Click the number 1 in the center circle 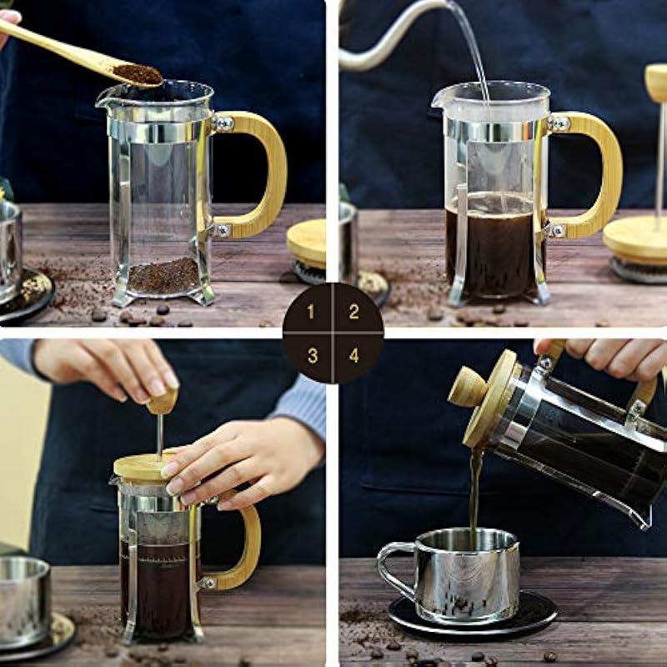tap(311, 312)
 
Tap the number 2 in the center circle tap(354, 312)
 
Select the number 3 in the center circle tap(313, 356)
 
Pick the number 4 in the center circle tap(354, 355)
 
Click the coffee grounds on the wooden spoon tap(138, 74)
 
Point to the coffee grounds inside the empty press tap(163, 276)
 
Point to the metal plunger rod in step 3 tap(160, 437)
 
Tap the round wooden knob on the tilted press tap(468, 387)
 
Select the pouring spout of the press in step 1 tap(103, 101)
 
